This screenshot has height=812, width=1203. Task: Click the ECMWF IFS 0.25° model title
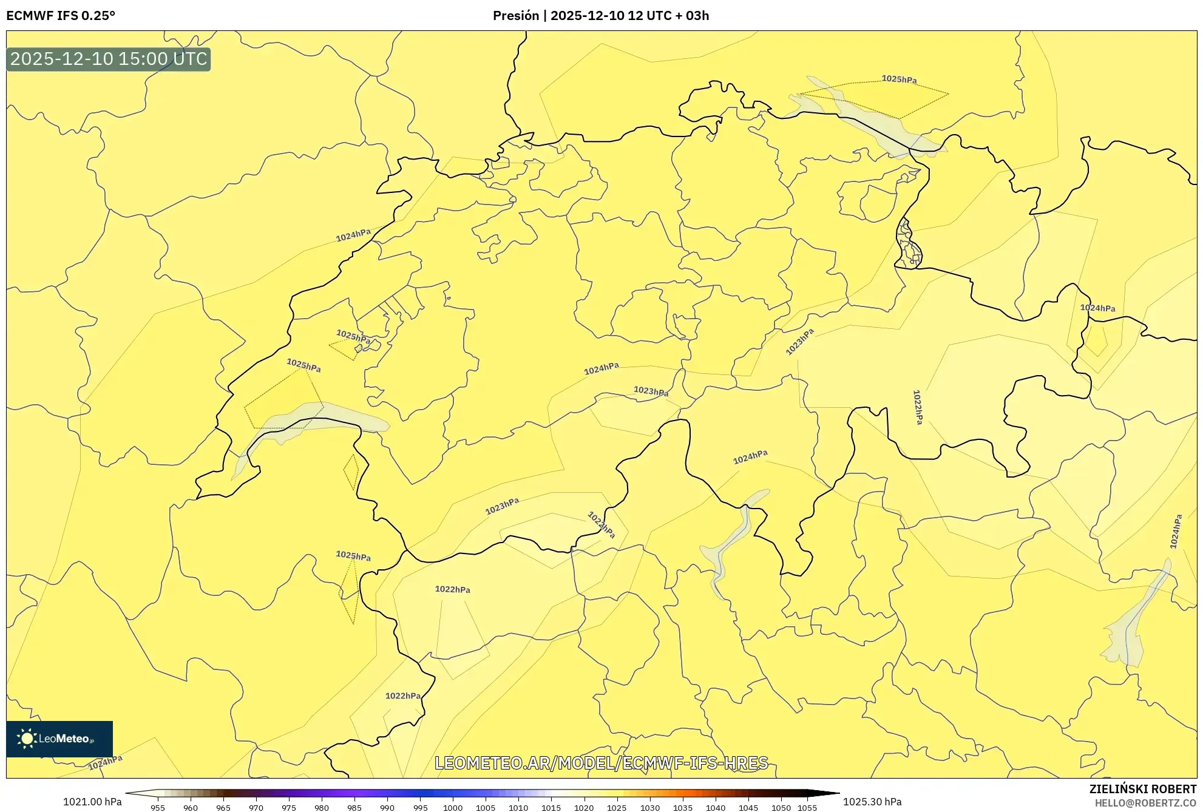click(61, 16)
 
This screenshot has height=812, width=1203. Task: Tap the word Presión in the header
click(515, 16)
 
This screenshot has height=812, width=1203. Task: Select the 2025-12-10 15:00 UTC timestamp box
click(109, 59)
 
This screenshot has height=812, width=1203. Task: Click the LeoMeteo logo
click(59, 739)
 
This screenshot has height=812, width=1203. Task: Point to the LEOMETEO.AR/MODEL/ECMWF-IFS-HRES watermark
click(601, 763)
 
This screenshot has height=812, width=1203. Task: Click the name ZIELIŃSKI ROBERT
click(1143, 789)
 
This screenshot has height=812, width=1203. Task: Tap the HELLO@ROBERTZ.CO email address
click(1146, 803)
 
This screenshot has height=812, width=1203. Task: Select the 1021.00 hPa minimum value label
click(92, 802)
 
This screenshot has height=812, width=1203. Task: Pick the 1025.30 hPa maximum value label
click(872, 802)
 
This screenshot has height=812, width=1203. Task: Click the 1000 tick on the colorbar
click(453, 808)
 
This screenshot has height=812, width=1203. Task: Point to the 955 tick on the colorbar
click(158, 808)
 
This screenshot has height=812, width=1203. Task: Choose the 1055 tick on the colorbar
click(807, 808)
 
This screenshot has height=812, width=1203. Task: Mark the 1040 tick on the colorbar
click(716, 808)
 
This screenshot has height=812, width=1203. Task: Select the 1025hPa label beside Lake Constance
click(899, 79)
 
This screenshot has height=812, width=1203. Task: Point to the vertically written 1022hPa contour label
click(918, 407)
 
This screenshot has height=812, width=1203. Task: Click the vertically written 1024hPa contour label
click(1176, 532)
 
